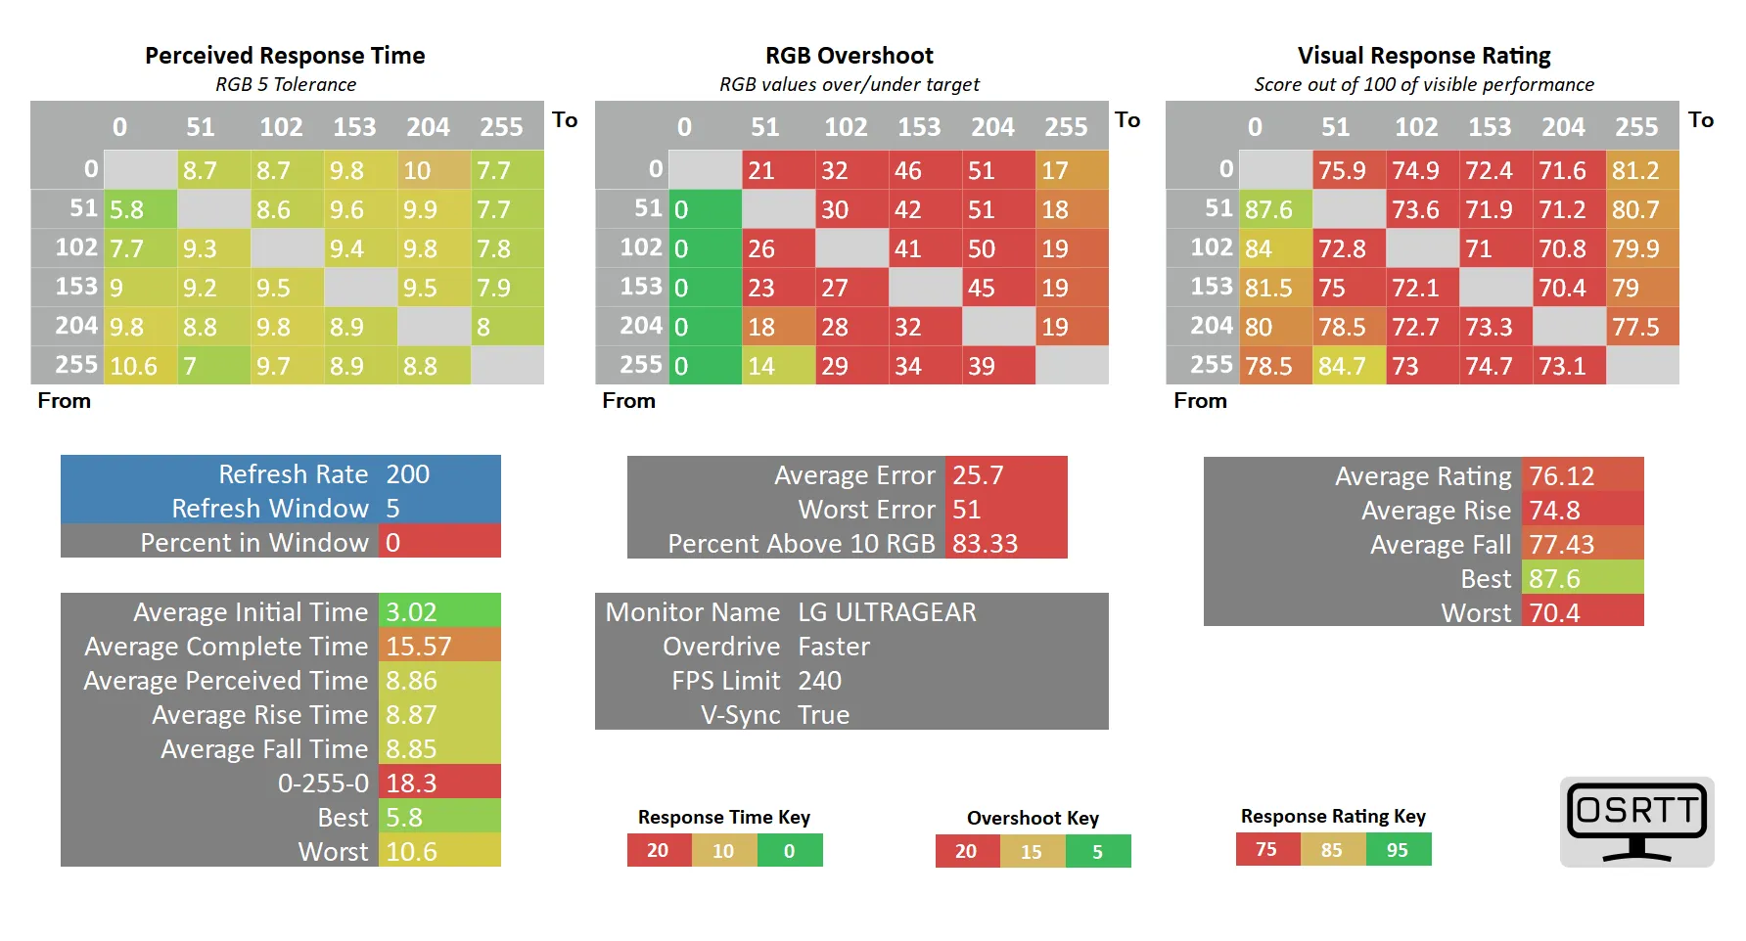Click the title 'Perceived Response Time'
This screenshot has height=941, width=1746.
pyautogui.click(x=285, y=56)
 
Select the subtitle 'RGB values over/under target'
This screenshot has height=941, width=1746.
pyautogui.click(x=849, y=84)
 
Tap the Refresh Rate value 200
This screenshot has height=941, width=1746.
pyautogui.click(x=407, y=474)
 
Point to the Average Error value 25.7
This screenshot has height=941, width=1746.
pyautogui.click(x=978, y=475)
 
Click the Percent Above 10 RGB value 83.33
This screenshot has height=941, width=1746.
pyautogui.click(x=985, y=544)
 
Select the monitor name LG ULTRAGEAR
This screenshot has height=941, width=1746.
pyautogui.click(x=887, y=612)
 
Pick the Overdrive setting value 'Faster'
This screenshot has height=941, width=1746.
pyautogui.click(x=833, y=647)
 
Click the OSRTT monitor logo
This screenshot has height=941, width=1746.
pyautogui.click(x=1636, y=822)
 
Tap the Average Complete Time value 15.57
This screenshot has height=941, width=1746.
pyautogui.click(x=419, y=647)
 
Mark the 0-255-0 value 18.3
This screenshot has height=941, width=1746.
pyautogui.click(x=411, y=784)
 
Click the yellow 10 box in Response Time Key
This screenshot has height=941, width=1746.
pyautogui.click(x=723, y=851)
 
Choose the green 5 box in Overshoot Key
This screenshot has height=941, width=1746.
pyautogui.click(x=1097, y=852)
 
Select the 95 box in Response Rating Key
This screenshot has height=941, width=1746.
pyautogui.click(x=1398, y=850)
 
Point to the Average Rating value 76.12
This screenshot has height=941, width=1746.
pyautogui.click(x=1561, y=476)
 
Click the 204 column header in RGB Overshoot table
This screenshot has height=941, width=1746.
pyautogui.click(x=992, y=127)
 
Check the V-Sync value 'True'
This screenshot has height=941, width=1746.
pyautogui.click(x=823, y=715)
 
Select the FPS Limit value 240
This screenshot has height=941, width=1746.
pyautogui.click(x=819, y=681)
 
